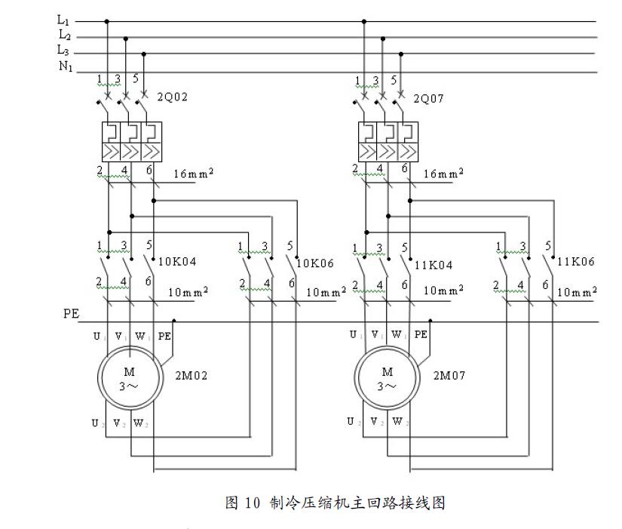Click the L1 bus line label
pos(63,21)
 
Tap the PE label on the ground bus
pos(71,313)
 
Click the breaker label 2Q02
pos(172,97)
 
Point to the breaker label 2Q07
pos(429,97)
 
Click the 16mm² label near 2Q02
pos(193,173)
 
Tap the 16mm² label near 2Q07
pos(443,173)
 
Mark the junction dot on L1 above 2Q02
pos(106,21)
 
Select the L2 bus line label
pos(64,35)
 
